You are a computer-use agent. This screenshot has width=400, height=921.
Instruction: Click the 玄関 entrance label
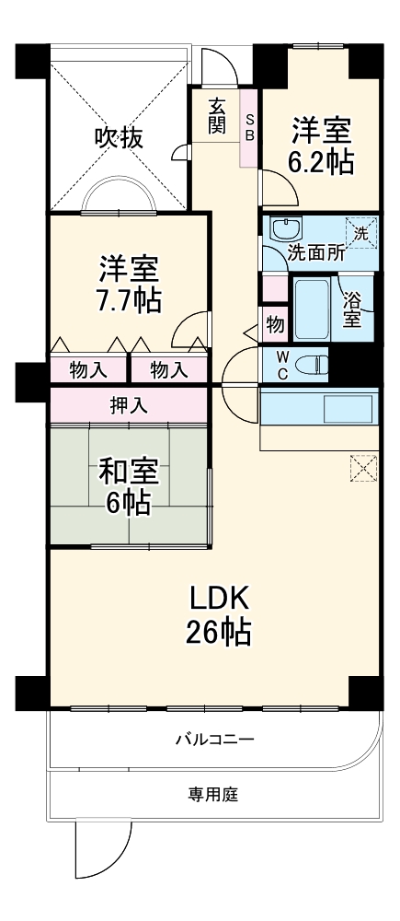216,115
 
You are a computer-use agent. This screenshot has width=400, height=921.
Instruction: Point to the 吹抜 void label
120,138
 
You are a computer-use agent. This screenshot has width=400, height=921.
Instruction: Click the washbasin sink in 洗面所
284,227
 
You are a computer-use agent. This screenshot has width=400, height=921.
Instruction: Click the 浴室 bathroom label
351,309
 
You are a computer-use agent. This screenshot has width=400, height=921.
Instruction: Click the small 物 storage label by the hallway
275,324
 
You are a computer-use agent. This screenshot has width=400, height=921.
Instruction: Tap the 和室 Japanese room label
129,471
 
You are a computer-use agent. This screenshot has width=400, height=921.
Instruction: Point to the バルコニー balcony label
213,740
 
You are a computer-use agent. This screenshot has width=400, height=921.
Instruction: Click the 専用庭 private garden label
213,793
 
